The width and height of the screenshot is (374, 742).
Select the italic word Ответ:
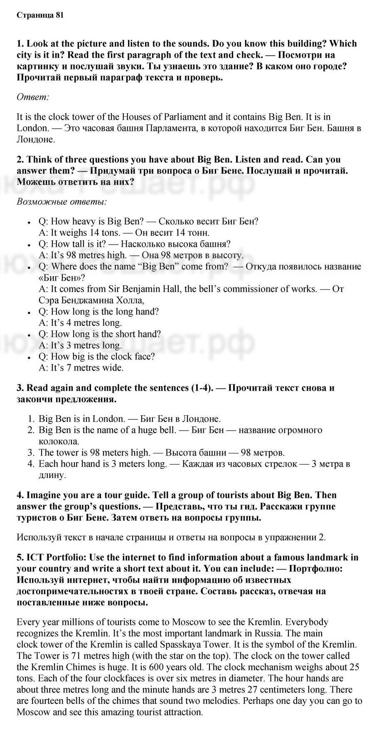coord(33,97)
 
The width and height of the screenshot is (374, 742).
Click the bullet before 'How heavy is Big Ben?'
coord(29,222)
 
